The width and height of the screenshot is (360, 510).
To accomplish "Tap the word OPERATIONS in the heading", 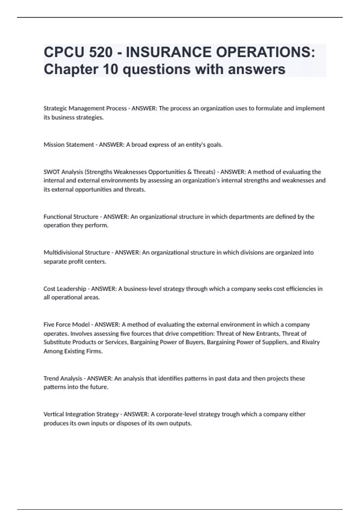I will [265, 52].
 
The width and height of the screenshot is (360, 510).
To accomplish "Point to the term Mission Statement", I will [69, 145].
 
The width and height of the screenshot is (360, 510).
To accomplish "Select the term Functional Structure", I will [71, 217].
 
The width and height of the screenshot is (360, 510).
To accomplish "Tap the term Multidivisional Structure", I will [76, 253].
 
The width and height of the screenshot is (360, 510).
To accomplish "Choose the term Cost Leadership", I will [65, 289].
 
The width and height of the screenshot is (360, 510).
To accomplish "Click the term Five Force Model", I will [67, 325].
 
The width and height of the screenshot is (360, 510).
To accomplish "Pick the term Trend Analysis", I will [63, 378].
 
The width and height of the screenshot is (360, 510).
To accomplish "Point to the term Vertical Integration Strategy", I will [81, 414].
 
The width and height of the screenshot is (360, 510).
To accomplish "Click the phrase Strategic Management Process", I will [85, 108].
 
